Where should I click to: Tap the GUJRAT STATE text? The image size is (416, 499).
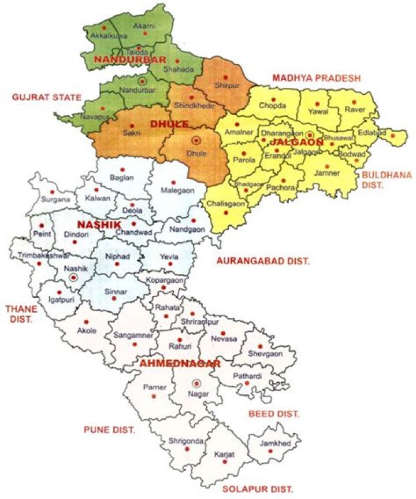46,97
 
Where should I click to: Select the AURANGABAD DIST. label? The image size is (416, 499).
263,261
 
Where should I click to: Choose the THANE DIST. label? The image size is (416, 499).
18,314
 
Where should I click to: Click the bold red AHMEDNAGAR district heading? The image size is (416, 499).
179,364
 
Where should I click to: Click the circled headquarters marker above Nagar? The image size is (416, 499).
197,382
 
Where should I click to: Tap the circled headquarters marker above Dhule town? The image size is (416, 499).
195,141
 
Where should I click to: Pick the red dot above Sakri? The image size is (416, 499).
132,125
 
